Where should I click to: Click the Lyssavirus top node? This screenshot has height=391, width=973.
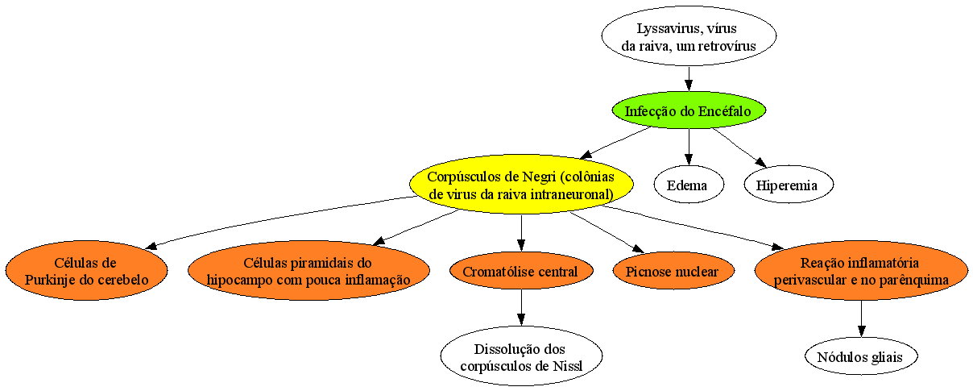(689, 36)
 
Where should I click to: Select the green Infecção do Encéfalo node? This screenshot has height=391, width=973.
(689, 110)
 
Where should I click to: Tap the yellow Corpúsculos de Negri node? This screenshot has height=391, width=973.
(521, 185)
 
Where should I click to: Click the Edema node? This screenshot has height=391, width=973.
(689, 185)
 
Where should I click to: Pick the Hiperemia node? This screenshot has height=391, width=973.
(789, 185)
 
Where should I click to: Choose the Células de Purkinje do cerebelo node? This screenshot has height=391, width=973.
(86, 271)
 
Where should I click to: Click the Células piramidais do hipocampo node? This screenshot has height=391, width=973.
(308, 271)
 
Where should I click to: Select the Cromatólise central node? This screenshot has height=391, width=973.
(521, 271)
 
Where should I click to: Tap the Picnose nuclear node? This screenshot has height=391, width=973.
(673, 271)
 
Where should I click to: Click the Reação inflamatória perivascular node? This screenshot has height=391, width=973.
(861, 271)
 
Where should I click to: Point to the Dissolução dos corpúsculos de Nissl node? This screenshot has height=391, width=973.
(521, 356)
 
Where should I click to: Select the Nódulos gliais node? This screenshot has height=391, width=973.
(861, 356)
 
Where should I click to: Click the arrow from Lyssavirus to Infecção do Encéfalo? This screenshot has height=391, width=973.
(689, 79)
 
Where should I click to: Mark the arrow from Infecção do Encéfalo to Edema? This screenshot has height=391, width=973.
(689, 147)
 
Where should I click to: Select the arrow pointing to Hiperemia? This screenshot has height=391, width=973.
(739, 148)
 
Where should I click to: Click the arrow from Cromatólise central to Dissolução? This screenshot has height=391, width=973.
(521, 307)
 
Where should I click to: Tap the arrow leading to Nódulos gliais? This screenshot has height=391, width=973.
(861, 318)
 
